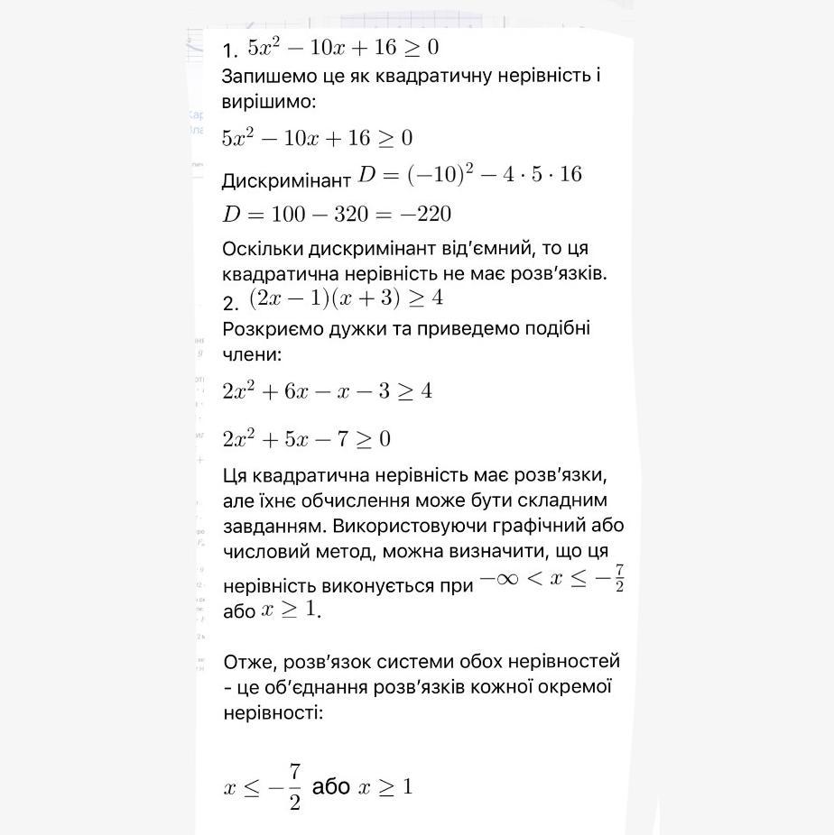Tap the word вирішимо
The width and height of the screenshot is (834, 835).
point(268,102)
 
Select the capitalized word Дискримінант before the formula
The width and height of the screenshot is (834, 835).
point(286,180)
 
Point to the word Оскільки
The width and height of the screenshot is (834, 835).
point(263,248)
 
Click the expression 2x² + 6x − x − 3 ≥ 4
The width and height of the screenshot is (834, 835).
point(327,391)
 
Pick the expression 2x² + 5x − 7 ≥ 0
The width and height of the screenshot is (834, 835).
point(306,439)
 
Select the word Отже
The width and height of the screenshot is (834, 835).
point(250,662)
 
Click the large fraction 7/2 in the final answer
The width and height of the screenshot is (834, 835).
point(294,786)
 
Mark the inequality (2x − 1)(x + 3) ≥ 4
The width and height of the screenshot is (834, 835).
point(346,298)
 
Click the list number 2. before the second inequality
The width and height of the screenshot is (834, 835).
point(230,303)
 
